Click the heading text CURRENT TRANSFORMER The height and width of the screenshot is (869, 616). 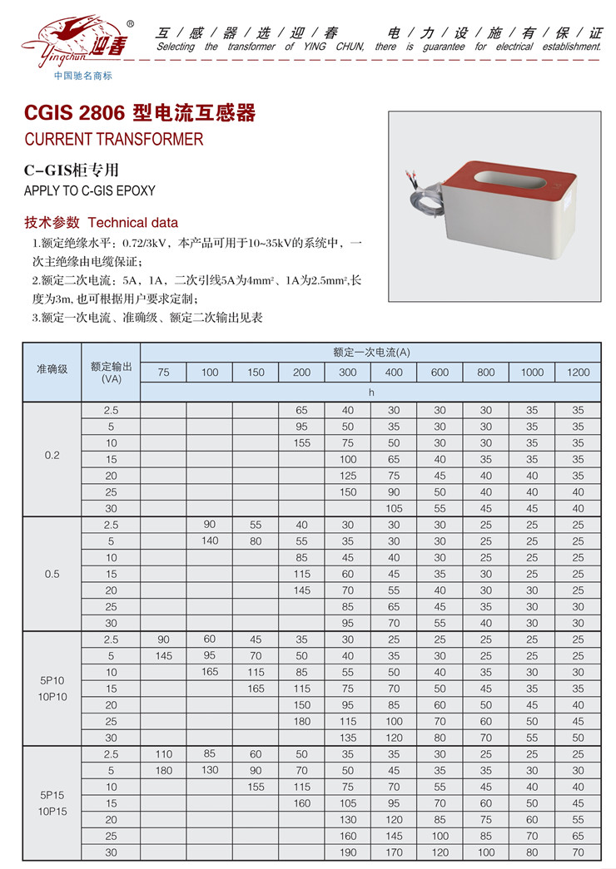pyautogui.click(x=114, y=139)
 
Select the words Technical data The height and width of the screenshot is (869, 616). pyautogui.click(x=132, y=223)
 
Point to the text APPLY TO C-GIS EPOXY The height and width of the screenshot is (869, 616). pyautogui.click(x=90, y=190)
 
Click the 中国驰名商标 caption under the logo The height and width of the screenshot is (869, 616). pyautogui.click(x=82, y=76)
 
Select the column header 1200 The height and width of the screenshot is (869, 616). pyautogui.click(x=578, y=372)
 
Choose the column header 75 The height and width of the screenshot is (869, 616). pyautogui.click(x=163, y=372)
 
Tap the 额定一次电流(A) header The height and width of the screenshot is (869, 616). pyautogui.click(x=371, y=353)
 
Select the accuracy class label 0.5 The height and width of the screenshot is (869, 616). pyautogui.click(x=52, y=574)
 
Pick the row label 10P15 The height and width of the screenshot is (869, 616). pyautogui.click(x=52, y=811)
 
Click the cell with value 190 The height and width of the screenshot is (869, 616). pyautogui.click(x=348, y=852)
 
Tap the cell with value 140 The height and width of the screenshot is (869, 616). pyautogui.click(x=210, y=541)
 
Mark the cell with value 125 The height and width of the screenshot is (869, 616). pyautogui.click(x=348, y=476)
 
